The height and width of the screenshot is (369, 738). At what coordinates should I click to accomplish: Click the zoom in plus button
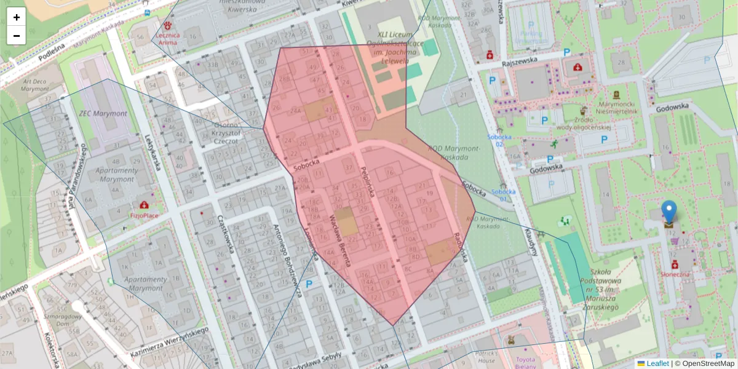tap(17, 17)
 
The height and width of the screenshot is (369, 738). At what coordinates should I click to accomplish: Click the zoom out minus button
tap(17, 36)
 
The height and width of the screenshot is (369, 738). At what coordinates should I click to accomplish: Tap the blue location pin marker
tap(669, 212)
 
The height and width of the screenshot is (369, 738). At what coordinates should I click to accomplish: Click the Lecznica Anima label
tap(169, 39)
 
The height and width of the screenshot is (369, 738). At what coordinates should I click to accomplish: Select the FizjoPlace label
tap(144, 216)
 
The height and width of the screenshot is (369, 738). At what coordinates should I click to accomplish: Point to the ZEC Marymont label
tap(103, 114)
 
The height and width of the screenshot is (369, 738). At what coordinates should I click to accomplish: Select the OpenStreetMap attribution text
tap(707, 363)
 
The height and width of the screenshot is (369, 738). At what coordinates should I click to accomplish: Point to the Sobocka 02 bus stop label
tap(499, 140)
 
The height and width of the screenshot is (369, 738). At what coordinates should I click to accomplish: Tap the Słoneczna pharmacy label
tap(675, 274)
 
